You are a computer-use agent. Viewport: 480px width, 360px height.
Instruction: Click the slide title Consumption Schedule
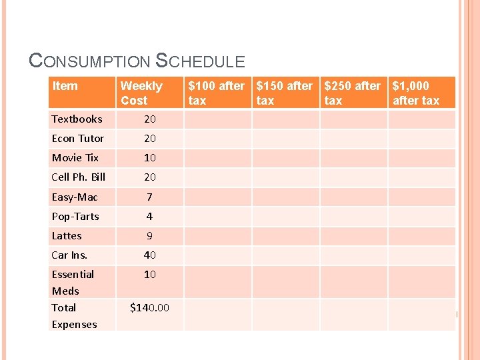tap(137, 61)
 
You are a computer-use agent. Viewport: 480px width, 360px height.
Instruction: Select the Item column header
tap(65, 86)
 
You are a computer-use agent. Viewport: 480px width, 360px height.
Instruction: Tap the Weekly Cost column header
tap(141, 93)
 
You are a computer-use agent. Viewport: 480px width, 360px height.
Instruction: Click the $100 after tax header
tap(217, 93)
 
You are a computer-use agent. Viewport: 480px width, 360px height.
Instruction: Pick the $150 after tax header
tap(285, 93)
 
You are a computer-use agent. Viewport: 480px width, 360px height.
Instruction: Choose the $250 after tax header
tap(353, 93)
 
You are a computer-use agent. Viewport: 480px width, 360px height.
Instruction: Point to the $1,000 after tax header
tap(416, 93)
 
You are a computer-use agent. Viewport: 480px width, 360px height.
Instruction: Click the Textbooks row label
tap(77, 119)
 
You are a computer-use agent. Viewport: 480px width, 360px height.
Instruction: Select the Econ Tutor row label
tap(78, 139)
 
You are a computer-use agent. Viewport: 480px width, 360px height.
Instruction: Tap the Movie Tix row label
tap(75, 158)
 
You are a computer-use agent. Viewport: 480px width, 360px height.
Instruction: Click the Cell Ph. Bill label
tap(79, 177)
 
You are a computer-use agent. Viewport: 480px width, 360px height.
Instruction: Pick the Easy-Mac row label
tap(75, 197)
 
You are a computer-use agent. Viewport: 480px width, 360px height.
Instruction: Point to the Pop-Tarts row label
tap(75, 217)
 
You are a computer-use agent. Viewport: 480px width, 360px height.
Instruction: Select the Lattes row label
tap(67, 236)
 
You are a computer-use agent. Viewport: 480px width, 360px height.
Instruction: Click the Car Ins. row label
tap(69, 255)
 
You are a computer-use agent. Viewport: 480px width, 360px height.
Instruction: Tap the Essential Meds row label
tap(73, 283)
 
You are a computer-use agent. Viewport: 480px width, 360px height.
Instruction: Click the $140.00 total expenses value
tap(149, 308)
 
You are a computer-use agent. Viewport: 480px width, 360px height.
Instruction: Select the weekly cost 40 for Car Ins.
tap(149, 255)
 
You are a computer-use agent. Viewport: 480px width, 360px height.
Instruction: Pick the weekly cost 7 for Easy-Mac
tap(149, 197)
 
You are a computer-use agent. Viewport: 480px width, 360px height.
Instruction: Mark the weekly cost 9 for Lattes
tap(149, 236)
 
